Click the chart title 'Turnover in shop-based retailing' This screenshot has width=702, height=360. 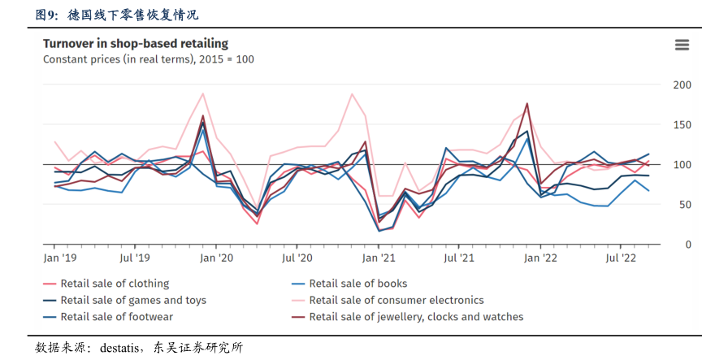coord(135,43)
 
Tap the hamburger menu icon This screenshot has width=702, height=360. coord(682,45)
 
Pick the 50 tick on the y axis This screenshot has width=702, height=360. coord(684,205)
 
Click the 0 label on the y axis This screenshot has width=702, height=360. coord(687,245)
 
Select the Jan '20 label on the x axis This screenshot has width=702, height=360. coord(217,258)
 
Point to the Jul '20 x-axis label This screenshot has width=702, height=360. coord(297,258)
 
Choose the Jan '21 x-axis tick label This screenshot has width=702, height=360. coord(379,258)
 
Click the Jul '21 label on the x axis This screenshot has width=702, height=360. coord(459,258)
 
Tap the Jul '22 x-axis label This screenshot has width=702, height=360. coord(622,258)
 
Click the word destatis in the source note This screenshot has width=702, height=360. coord(120,348)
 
